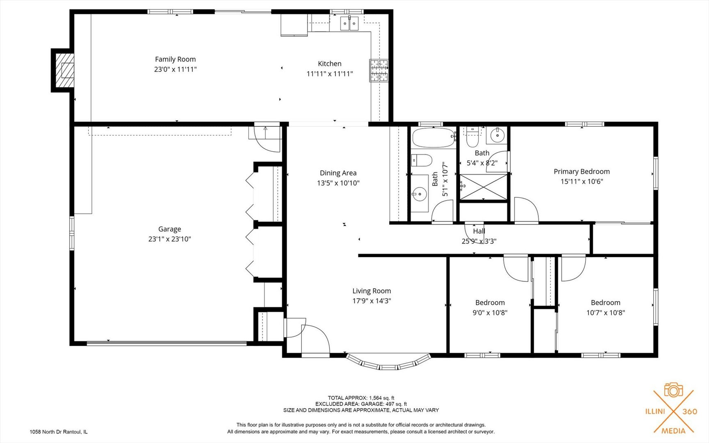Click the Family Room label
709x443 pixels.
[175, 59]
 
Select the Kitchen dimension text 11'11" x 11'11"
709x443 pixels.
[330, 74]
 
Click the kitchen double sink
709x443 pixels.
[349, 23]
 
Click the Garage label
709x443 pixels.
[169, 229]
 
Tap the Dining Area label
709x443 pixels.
[338, 173]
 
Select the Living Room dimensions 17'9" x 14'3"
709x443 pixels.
[372, 301]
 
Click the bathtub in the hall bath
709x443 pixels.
[433, 138]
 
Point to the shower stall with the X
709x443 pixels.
[483, 187]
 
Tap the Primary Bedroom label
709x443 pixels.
[581, 171]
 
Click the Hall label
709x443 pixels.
[479, 231]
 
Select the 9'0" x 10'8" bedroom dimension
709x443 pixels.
[490, 313]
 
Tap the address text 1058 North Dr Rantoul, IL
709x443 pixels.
[59, 432]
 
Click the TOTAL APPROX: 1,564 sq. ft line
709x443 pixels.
[361, 398]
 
